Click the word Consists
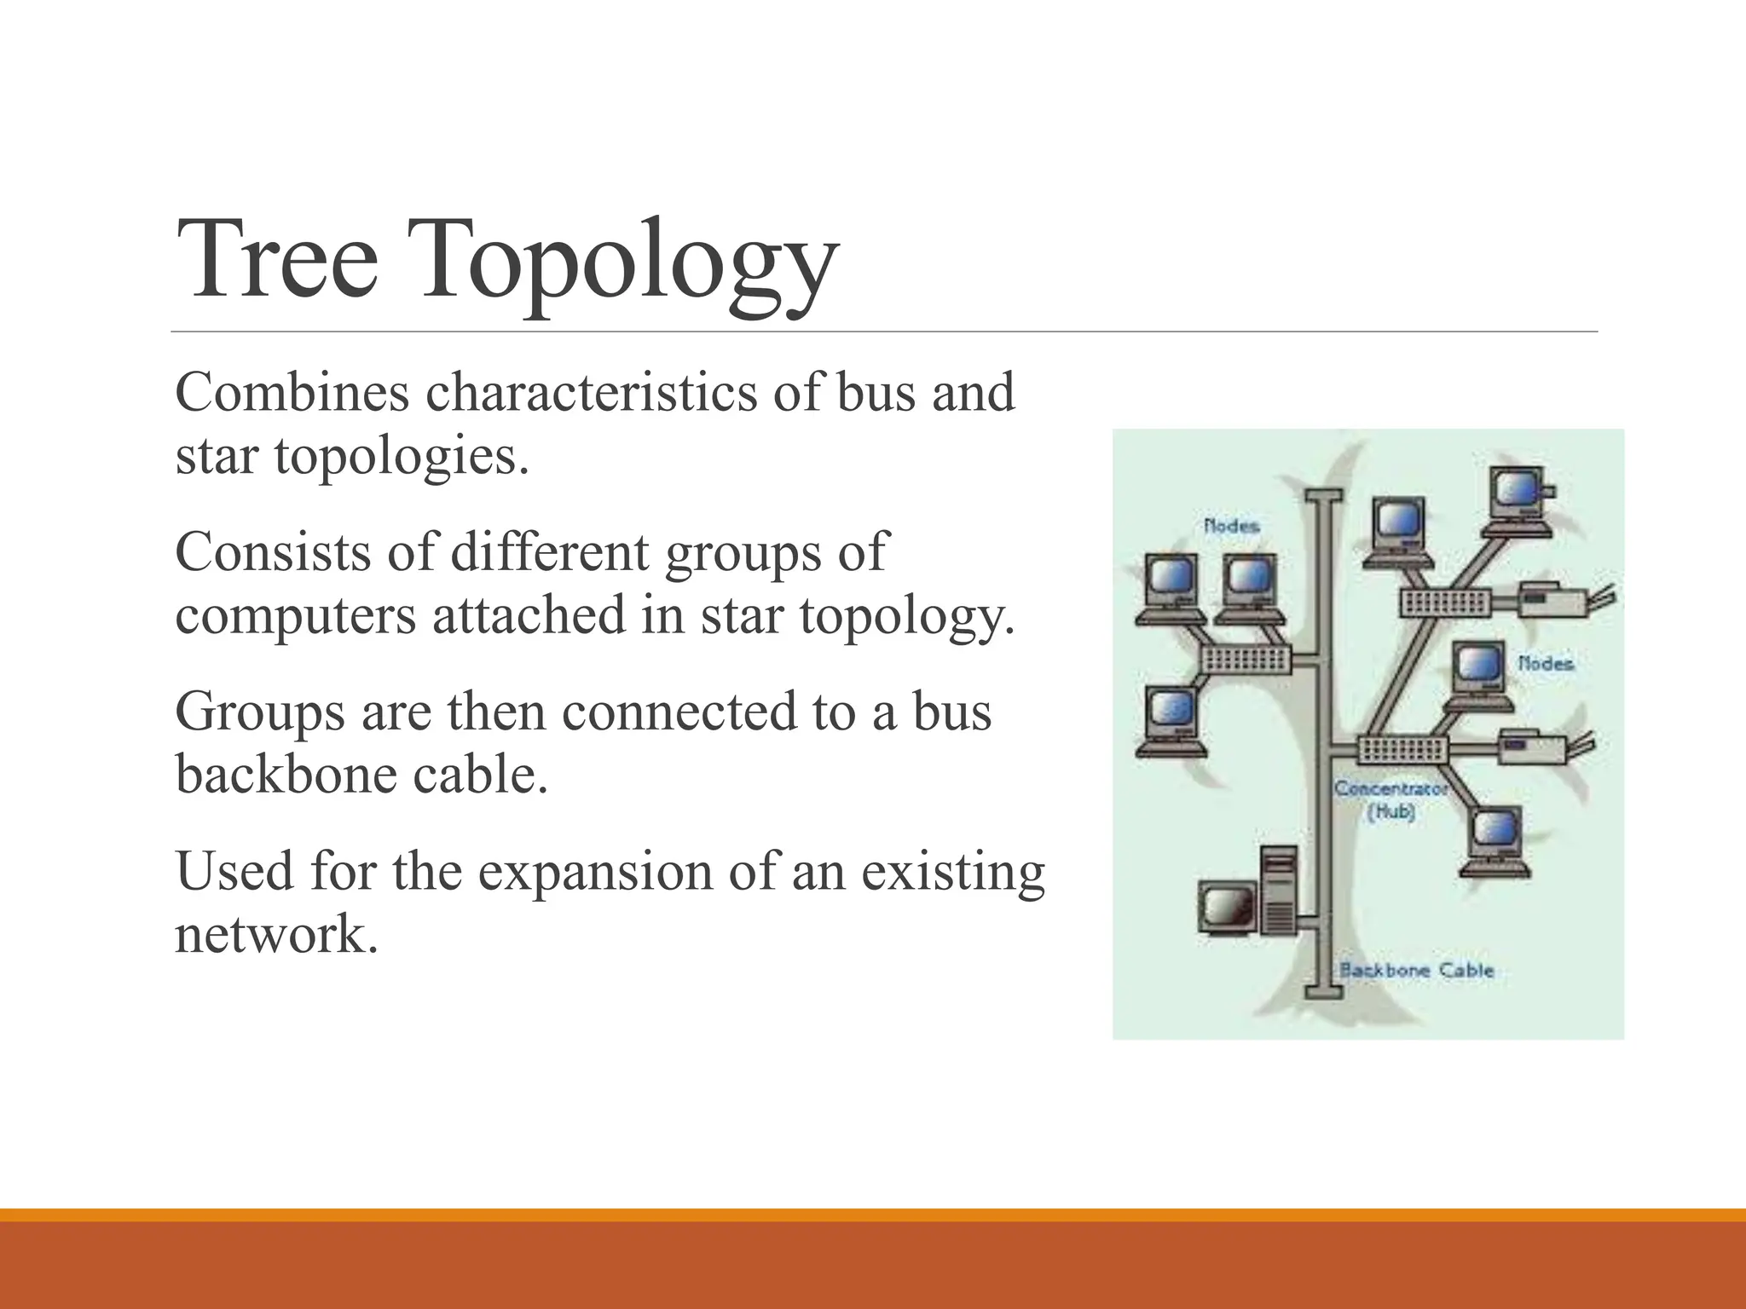tap(273, 552)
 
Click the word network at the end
tap(275, 935)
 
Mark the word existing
tap(952, 872)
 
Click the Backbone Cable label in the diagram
tap(1416, 970)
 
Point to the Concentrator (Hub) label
tap(1390, 799)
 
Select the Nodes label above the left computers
tap(1231, 526)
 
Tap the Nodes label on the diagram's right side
tap(1545, 663)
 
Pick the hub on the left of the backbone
tap(1246, 659)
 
